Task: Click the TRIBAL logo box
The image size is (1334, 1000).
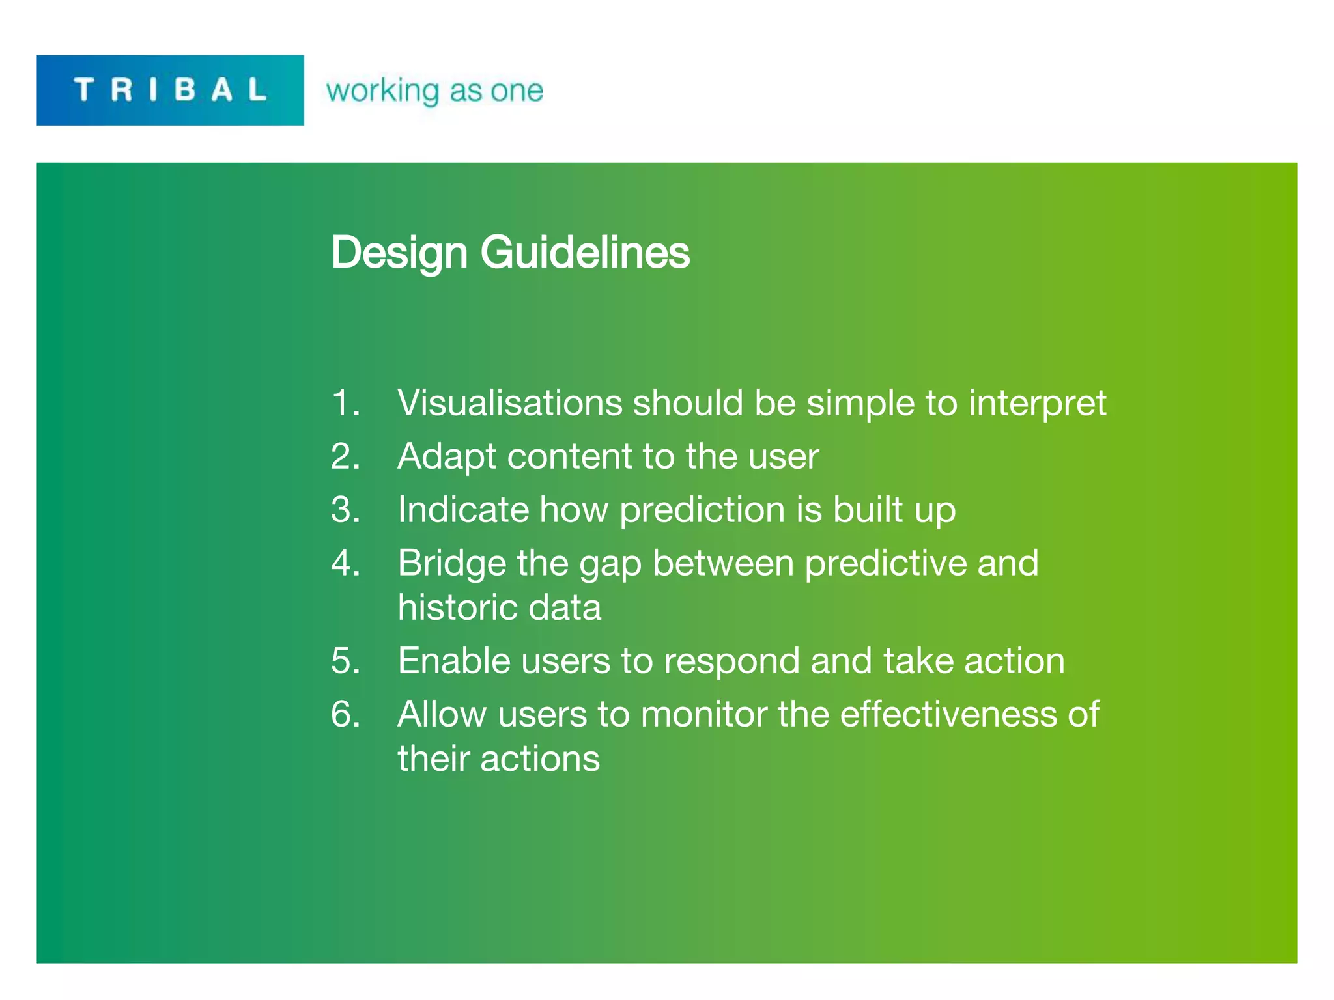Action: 170,90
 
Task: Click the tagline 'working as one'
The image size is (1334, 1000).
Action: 434,90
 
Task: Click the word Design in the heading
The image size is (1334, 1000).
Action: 399,253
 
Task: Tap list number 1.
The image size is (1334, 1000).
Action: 345,402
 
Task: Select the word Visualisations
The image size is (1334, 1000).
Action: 509,402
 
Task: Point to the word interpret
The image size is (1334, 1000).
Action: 1037,404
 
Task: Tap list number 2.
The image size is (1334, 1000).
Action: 345,456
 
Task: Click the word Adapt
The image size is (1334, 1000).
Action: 447,457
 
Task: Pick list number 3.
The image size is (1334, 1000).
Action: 345,509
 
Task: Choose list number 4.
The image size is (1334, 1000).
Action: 345,562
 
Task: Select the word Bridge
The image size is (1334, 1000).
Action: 451,564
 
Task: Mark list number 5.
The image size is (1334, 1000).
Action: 345,660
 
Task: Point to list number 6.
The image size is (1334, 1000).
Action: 345,714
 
